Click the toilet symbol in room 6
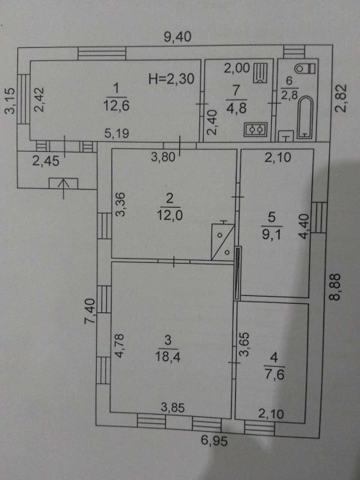point(305,68)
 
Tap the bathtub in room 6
point(305,117)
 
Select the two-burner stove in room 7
point(255,130)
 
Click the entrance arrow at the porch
point(63,189)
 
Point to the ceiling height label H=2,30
point(171,80)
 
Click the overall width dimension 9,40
point(177,37)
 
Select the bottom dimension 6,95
point(214,441)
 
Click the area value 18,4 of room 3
point(168,357)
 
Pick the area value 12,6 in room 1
point(116,106)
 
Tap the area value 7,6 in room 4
point(274,375)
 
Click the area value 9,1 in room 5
point(272,235)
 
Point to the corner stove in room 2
point(223,242)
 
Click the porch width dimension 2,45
point(46,161)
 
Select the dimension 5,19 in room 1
point(117,133)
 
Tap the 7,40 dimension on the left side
point(90,312)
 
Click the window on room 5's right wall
point(319,217)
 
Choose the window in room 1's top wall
point(102,53)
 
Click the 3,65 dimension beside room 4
point(245,344)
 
